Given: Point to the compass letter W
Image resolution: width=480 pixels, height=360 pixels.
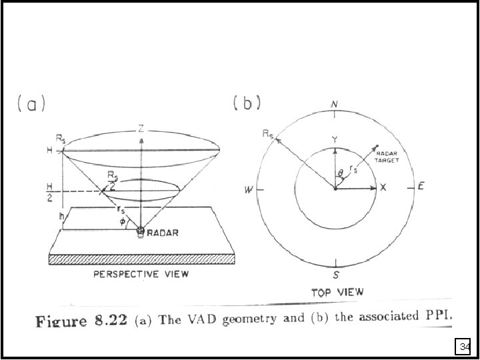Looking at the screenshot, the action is point(249,190).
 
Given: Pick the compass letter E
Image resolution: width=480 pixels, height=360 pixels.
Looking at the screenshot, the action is point(421,187).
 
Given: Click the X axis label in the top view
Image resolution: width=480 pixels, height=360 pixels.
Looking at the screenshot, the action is point(383,189).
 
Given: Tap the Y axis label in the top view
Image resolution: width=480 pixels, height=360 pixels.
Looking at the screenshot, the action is point(335,139).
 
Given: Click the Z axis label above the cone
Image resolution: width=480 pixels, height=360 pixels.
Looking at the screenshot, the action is point(141,129).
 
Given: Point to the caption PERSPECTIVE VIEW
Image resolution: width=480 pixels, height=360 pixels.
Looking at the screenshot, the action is point(141,273).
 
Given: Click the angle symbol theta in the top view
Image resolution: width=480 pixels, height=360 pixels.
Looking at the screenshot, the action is point(341,174).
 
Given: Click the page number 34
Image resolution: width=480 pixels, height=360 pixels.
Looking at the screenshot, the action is point(465,347).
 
